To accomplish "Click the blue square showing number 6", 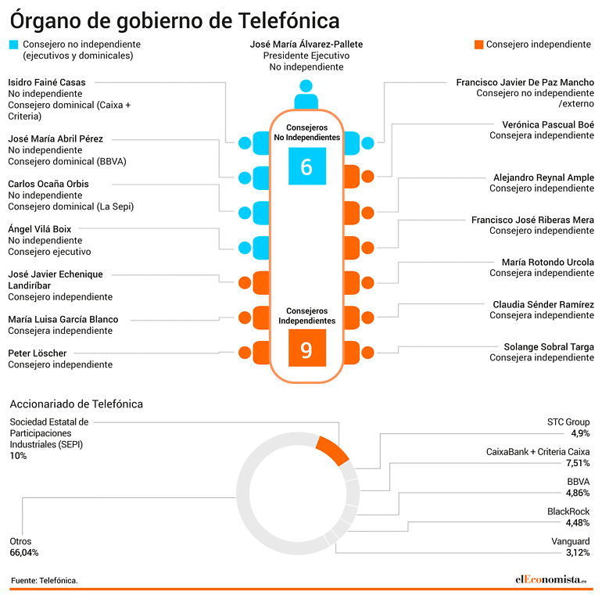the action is tap(307, 167).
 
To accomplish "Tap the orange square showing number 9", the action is tap(307, 347).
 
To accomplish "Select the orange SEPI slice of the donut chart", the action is tap(332, 450).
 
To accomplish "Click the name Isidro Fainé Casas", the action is tap(47, 82).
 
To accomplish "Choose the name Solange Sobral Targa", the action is tap(549, 346).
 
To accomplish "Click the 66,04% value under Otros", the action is tap(24, 553).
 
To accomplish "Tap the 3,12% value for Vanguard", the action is tap(578, 553).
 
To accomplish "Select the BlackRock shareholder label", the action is tap(568, 511).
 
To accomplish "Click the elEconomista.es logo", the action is tap(551, 579).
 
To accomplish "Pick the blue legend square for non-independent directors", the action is tap(13, 45).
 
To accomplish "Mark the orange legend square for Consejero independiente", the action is tap(478, 45).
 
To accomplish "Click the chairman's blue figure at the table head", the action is tap(306, 95).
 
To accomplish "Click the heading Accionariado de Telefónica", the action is tap(77, 404).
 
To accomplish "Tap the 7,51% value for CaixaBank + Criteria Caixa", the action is tap(578, 463).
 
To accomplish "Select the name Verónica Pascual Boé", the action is tap(548, 124).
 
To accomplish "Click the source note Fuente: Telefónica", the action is tap(45, 580).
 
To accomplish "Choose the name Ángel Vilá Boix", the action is tap(40, 229).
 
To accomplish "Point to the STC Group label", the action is tap(568, 422).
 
